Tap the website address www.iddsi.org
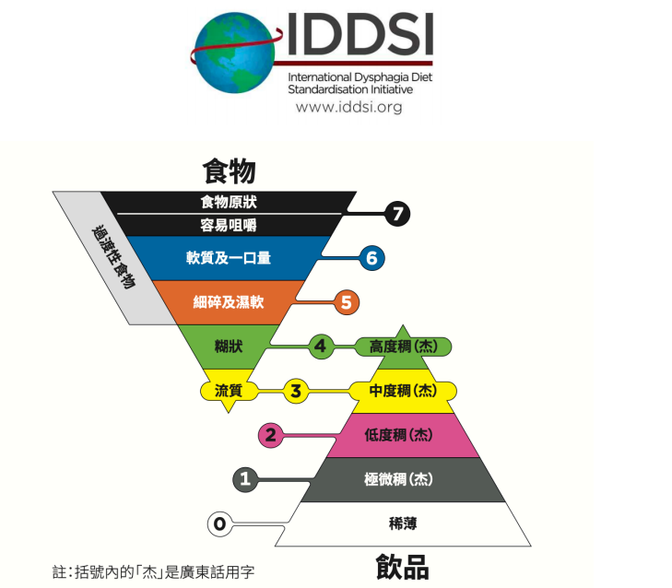coord(348,108)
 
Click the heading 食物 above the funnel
coord(229,171)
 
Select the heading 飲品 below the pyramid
coord(402,565)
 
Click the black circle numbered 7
coord(397,214)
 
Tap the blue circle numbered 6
coord(371,258)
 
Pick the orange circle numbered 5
coord(346,301)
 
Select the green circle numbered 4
coord(320,347)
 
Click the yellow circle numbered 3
coord(295,391)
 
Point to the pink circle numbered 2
coord(270,435)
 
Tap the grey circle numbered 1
coord(244,479)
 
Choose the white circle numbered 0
coord(219,524)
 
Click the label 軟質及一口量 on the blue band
coord(228,258)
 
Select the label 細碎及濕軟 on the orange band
coord(228,301)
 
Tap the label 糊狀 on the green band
coord(228,347)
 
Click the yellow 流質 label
coord(228,391)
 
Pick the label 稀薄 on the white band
coord(403,523)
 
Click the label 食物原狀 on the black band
coord(228,202)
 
